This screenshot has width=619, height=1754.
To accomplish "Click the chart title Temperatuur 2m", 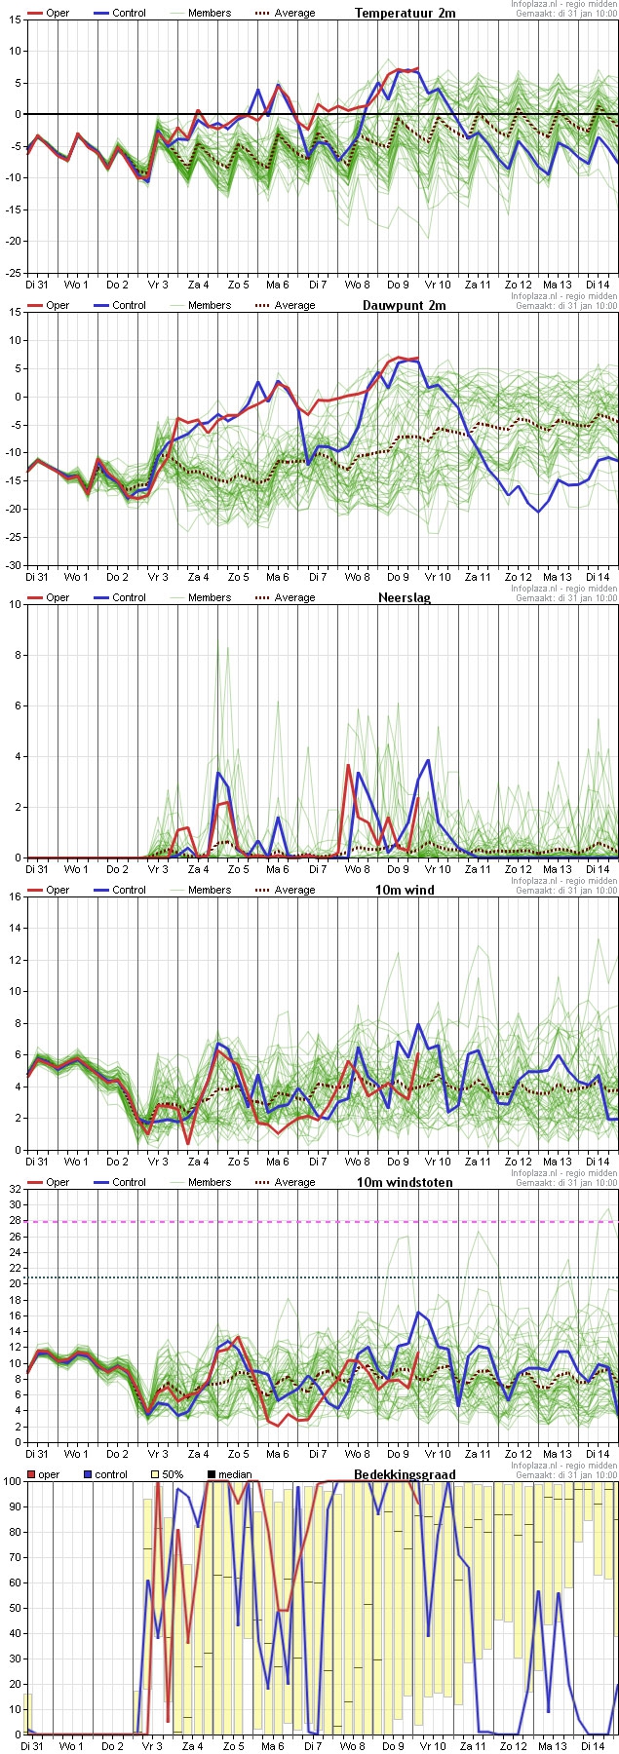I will click(405, 13).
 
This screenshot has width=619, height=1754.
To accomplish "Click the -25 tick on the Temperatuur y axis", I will click(13, 273).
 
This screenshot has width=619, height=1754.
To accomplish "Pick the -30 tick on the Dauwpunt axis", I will click(13, 565).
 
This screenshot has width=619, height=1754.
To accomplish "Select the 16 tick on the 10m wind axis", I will click(15, 896).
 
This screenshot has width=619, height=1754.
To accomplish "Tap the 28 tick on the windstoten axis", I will click(15, 1221).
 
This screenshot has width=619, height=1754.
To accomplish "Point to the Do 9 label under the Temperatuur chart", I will click(398, 285).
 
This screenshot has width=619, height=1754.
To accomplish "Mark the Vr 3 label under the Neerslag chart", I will click(157, 869).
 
